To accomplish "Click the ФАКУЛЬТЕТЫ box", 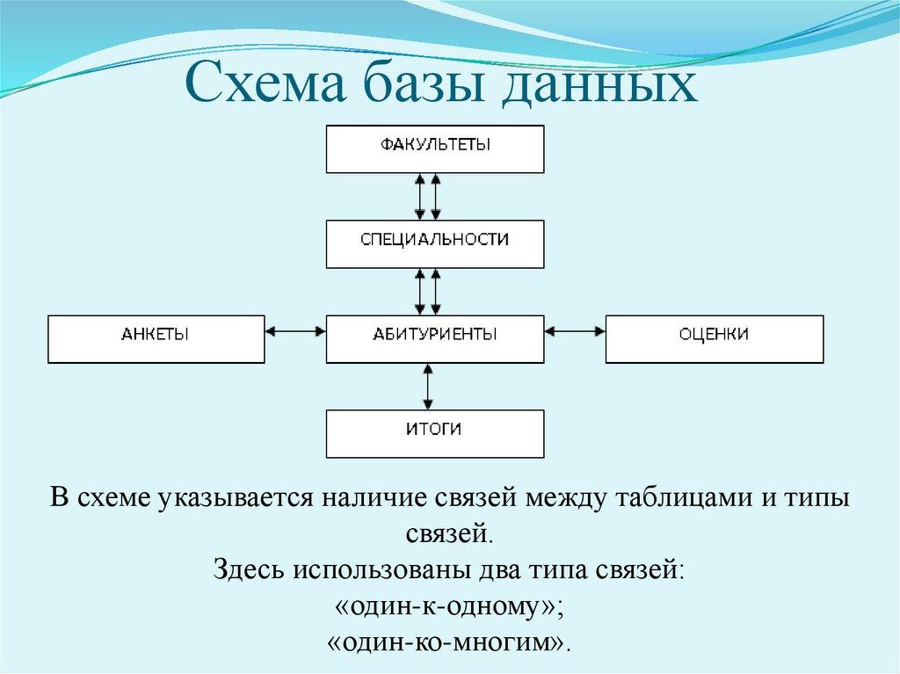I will click(435, 149).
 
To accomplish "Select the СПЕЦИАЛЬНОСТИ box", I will click(435, 243).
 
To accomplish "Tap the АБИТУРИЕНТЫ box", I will click(435, 338).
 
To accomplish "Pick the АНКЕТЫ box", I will click(156, 338).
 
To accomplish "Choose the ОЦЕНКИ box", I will click(714, 338).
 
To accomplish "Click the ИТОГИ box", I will click(435, 432).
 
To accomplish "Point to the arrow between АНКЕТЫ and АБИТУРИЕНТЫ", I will click(295, 331).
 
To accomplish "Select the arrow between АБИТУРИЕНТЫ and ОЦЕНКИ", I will click(575, 331).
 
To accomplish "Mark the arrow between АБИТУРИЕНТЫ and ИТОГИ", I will click(428, 386).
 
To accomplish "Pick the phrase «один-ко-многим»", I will click(448, 640).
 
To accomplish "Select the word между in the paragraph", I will click(559, 497).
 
